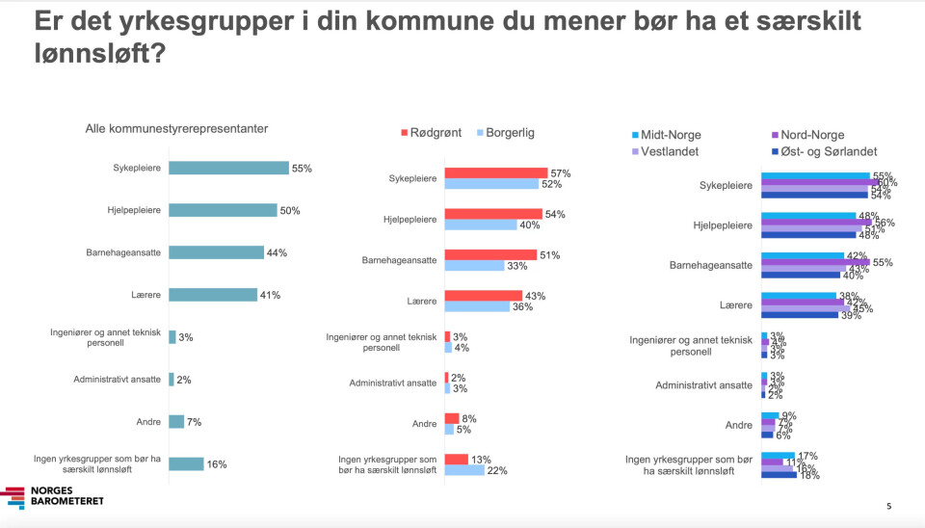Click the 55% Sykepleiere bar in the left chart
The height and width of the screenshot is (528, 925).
tap(228, 168)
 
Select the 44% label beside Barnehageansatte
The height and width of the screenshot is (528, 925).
tap(276, 252)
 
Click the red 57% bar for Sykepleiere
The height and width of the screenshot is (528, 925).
tap(495, 172)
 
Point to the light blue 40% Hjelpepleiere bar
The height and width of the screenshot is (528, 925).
tap(481, 224)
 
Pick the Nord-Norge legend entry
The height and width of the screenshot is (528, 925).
tap(809, 135)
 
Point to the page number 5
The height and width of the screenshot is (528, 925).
tap(888, 506)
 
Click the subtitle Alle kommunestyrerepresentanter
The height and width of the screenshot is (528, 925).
tap(176, 128)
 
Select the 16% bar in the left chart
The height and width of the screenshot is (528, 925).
tap(186, 463)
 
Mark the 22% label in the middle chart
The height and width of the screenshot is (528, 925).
tap(498, 470)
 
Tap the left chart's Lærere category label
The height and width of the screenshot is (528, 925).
tap(146, 295)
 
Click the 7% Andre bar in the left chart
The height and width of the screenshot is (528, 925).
tap(176, 421)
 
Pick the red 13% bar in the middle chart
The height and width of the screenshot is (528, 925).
tap(456, 460)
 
